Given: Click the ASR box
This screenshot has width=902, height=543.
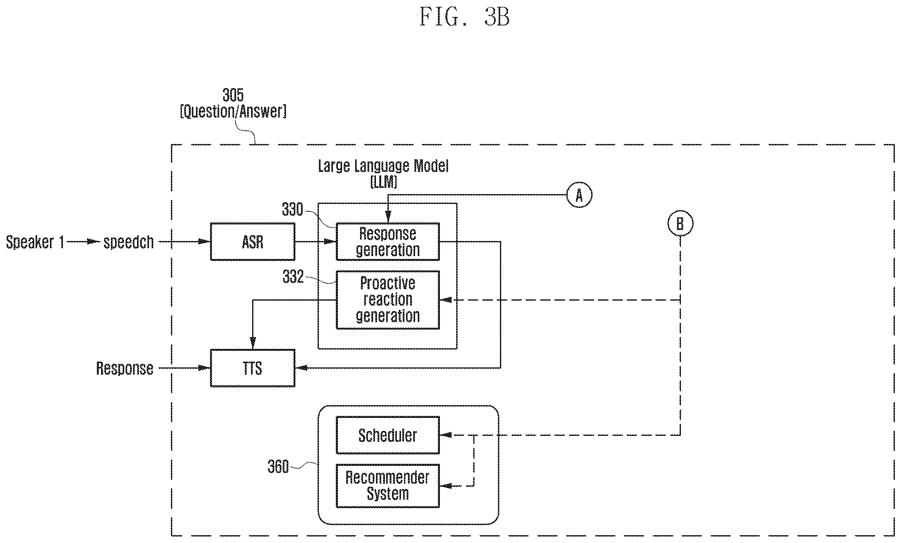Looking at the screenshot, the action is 253,242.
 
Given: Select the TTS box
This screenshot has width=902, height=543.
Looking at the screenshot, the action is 253,368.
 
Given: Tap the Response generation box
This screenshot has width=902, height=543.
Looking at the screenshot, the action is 388,242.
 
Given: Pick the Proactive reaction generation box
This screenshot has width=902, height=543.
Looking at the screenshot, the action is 388,300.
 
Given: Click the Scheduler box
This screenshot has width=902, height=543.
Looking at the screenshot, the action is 388,435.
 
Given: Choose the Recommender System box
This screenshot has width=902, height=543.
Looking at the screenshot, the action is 388,486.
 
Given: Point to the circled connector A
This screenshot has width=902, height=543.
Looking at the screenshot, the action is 579,195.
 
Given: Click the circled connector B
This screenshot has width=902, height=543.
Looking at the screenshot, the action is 680,223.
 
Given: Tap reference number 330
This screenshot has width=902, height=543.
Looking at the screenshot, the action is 293,209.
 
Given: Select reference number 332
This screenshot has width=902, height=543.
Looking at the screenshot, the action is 293,277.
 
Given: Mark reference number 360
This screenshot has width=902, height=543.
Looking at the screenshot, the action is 278,466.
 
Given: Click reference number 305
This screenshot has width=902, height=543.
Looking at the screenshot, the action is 233,95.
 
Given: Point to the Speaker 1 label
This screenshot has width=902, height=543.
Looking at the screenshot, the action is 35,242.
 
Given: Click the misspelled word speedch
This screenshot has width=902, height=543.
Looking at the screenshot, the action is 128,242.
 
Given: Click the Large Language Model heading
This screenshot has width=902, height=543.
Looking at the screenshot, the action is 383,166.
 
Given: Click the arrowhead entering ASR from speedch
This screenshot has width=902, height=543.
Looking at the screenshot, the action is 203,242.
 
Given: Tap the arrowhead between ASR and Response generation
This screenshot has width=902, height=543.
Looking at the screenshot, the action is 330,242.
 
